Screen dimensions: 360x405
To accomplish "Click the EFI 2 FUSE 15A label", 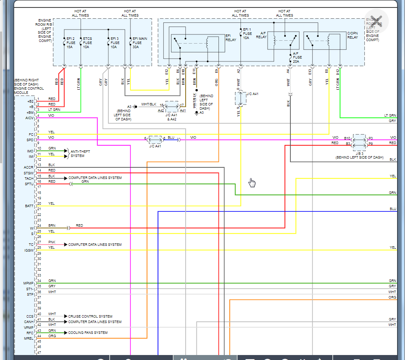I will pyautogui.click(x=71, y=42).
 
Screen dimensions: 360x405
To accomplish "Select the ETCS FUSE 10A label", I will pyautogui.click(x=87, y=42).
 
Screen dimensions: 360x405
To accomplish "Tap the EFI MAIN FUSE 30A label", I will pyautogui.click(x=137, y=42).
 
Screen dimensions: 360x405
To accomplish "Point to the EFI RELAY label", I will pyautogui.click(x=231, y=38).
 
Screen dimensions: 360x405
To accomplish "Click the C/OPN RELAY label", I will pyautogui.click(x=352, y=35).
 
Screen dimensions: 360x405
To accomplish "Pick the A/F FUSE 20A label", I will pyautogui.click(x=295, y=57).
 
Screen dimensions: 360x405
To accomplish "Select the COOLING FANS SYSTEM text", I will pyautogui.click(x=88, y=333).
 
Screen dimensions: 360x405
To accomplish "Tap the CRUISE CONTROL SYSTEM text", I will pyautogui.click(x=90, y=316).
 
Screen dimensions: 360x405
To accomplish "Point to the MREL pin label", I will pyautogui.click(x=29, y=338).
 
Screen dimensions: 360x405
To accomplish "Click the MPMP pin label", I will pyautogui.click(x=28, y=283).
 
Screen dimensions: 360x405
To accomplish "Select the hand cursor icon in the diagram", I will pyautogui.click(x=252, y=183).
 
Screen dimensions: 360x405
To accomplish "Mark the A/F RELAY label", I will pyautogui.click(x=261, y=35).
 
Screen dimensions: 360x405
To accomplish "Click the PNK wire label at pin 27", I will pyautogui.click(x=52, y=242).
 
